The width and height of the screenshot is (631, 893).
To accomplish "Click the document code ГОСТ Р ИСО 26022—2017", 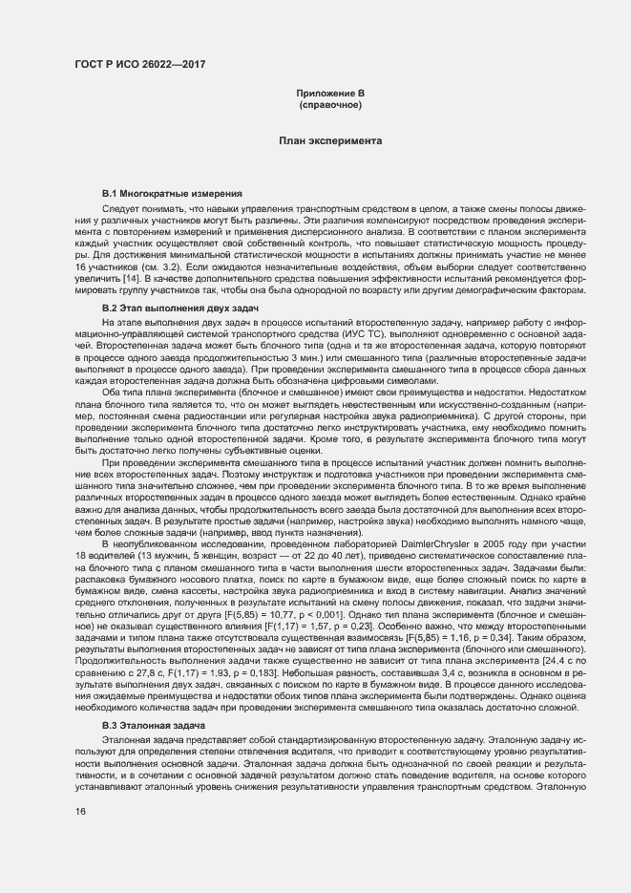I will (x=141, y=65).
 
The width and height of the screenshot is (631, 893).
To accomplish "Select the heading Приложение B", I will (x=330, y=93).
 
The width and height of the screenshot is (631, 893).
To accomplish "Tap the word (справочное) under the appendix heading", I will (x=330, y=103).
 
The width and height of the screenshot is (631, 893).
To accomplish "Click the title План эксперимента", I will (x=330, y=140).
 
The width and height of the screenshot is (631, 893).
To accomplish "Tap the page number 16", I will (x=81, y=811).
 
